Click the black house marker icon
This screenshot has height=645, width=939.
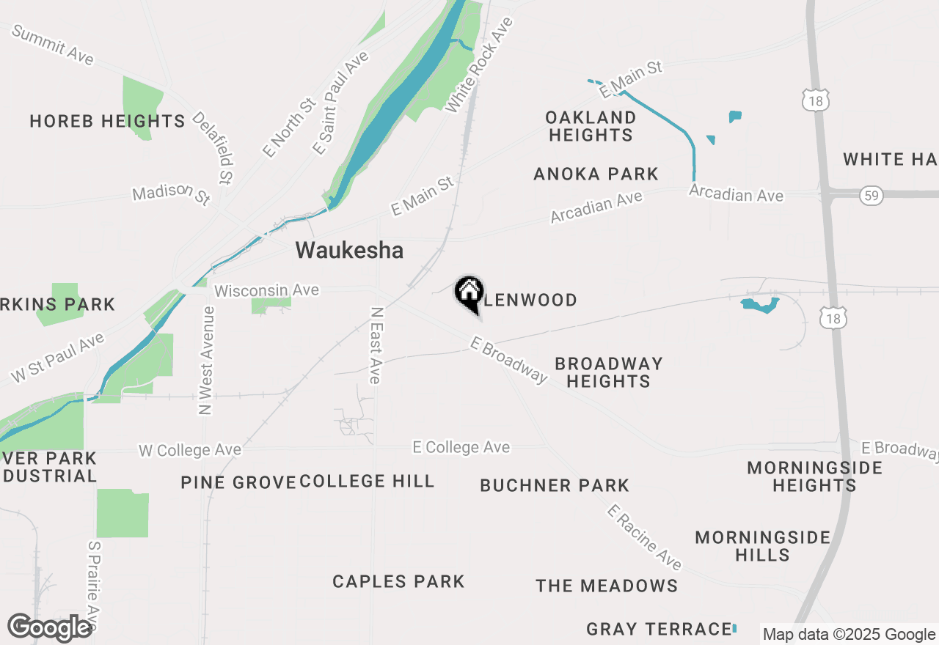click(x=469, y=293)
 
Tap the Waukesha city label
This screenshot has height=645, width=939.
click(x=349, y=251)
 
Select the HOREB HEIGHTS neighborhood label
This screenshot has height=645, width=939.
click(x=107, y=121)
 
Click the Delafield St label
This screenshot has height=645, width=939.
click(x=213, y=147)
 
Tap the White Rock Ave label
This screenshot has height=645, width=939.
click(x=479, y=65)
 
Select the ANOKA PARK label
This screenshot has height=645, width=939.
click(x=596, y=174)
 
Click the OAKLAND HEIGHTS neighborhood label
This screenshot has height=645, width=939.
click(x=591, y=126)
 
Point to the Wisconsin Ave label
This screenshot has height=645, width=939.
click(x=266, y=291)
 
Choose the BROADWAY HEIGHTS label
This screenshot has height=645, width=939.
click(x=608, y=372)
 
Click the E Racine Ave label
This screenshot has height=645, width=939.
click(x=644, y=537)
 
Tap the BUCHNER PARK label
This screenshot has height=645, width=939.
click(x=555, y=485)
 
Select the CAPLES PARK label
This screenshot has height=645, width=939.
click(x=398, y=582)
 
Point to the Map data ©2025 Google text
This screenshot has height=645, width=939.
click(x=849, y=635)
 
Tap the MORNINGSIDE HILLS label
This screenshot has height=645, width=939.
click(x=763, y=546)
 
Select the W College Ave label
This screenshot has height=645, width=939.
click(x=189, y=450)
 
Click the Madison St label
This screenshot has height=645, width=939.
click(x=171, y=194)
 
